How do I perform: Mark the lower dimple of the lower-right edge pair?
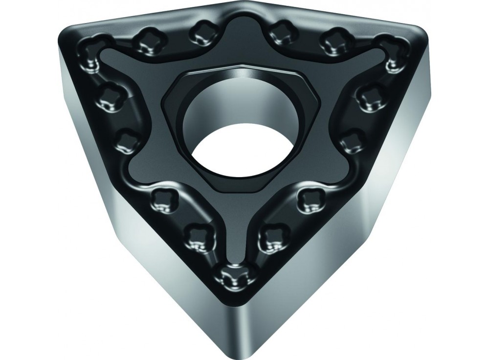pyautogui.click(x=269, y=238)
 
